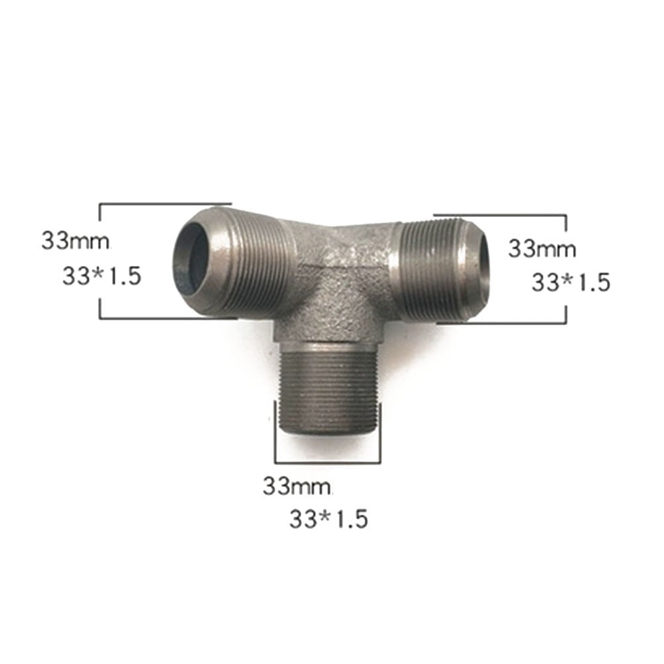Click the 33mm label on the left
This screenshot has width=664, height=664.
point(75,240)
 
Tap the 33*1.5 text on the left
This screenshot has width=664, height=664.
point(101,276)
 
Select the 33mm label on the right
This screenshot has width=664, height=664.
point(542,249)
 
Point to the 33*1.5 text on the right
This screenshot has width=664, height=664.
point(570,283)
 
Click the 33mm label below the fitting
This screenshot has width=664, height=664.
point(297,486)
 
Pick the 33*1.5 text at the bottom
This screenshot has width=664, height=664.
point(328,518)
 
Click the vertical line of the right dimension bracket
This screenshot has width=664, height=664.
point(566,269)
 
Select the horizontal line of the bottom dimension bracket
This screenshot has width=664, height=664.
point(327,462)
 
